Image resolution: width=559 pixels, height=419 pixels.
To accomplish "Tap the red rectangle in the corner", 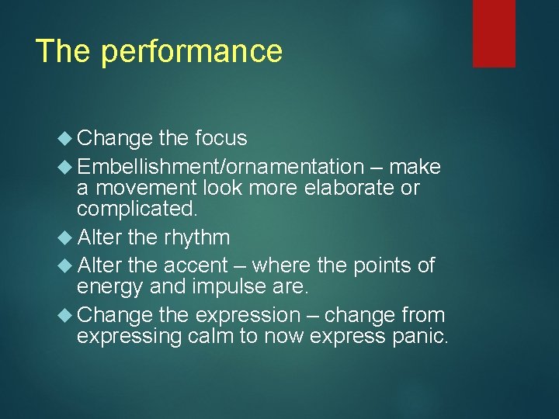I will click(494, 33).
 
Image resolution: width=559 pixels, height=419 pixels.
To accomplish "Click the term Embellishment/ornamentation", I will click(220, 167).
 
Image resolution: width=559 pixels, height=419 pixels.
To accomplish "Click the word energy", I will click(110, 288).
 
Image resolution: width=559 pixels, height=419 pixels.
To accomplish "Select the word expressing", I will click(130, 338).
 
